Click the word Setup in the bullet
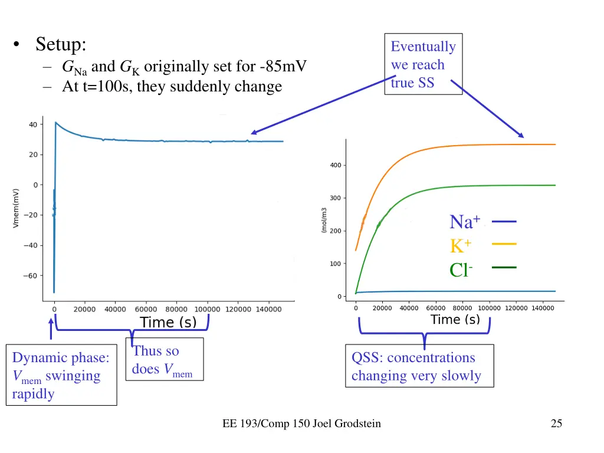61,44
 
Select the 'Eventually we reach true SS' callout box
423,64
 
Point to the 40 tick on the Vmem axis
32,124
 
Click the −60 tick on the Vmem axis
30,275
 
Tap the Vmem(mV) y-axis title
17,208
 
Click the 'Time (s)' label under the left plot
168,322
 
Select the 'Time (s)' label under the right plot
455,320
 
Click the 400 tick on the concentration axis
335,165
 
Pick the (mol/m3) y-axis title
324,219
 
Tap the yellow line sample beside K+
503,244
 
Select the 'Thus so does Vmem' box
164,359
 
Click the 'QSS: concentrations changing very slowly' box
419,366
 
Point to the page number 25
556,423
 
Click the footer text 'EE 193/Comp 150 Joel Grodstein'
301,423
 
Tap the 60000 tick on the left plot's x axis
146,308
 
